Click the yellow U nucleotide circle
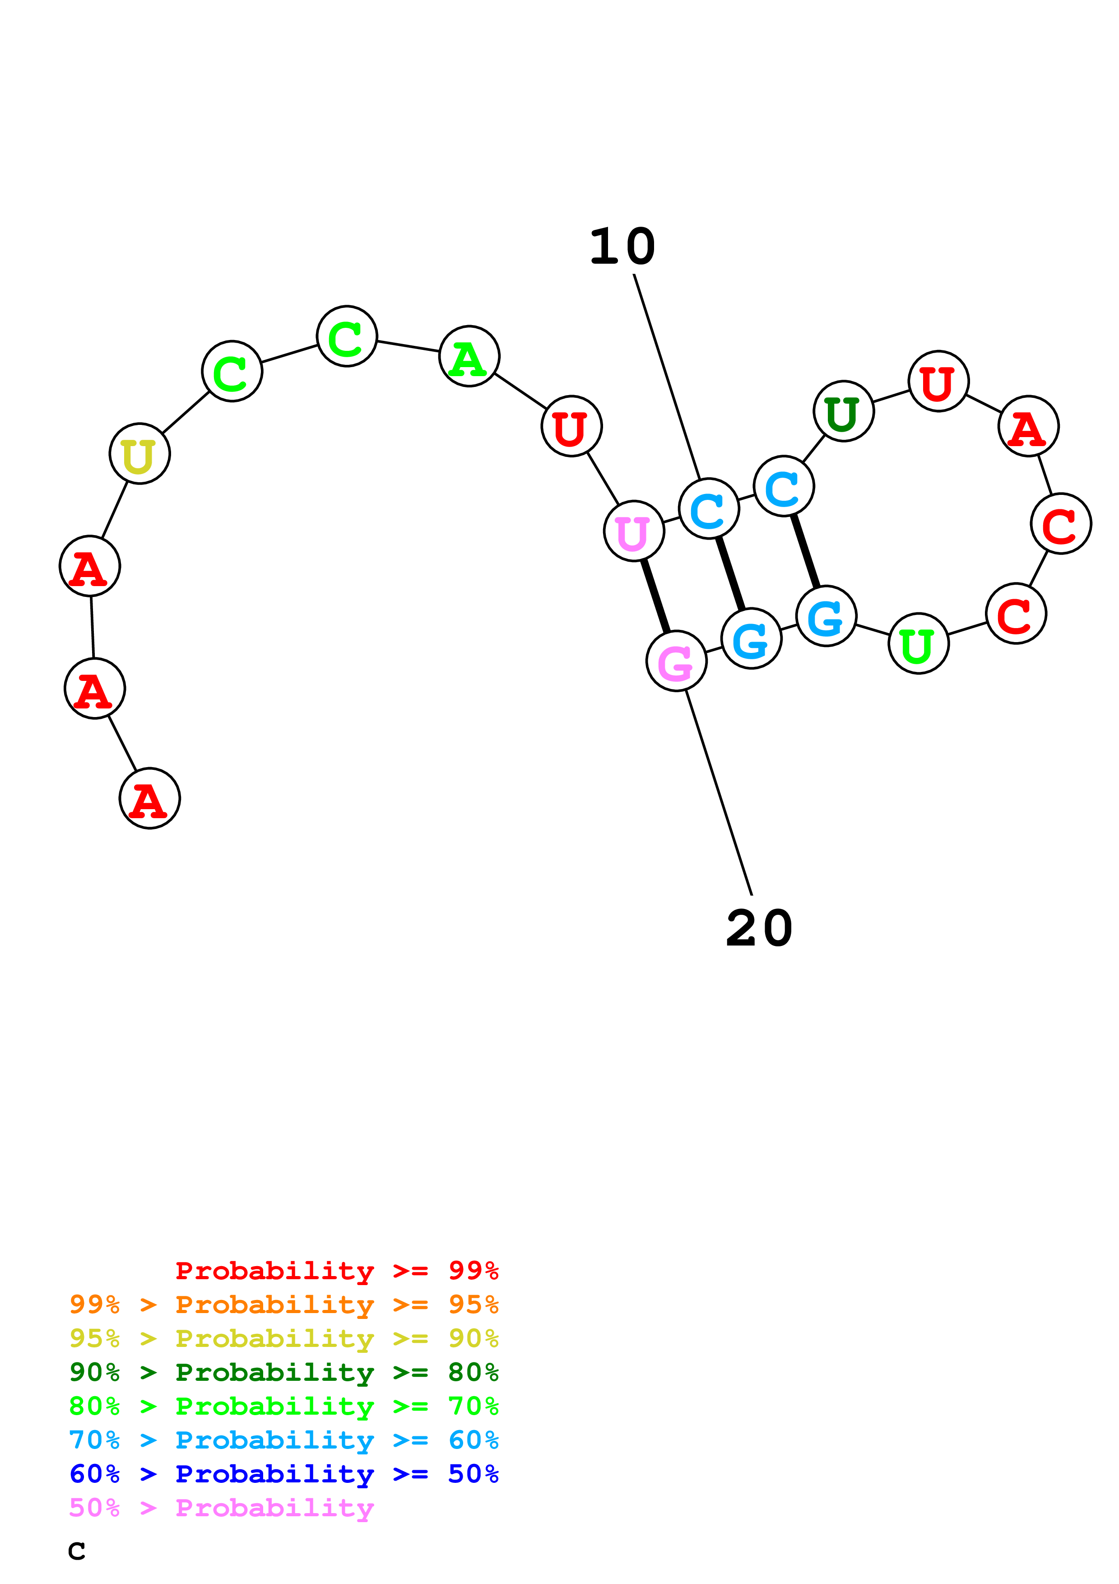point(139,453)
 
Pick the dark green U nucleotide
point(843,411)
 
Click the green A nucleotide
point(469,356)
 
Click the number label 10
point(622,247)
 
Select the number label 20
point(759,929)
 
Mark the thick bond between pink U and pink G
point(655,596)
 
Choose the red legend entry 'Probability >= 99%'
point(336,1270)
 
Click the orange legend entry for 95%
point(283,1304)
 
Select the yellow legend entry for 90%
point(283,1338)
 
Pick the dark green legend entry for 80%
point(283,1372)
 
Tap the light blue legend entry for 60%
point(283,1440)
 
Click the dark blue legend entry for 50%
point(283,1474)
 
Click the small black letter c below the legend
point(77,1551)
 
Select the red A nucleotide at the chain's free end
point(149,798)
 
